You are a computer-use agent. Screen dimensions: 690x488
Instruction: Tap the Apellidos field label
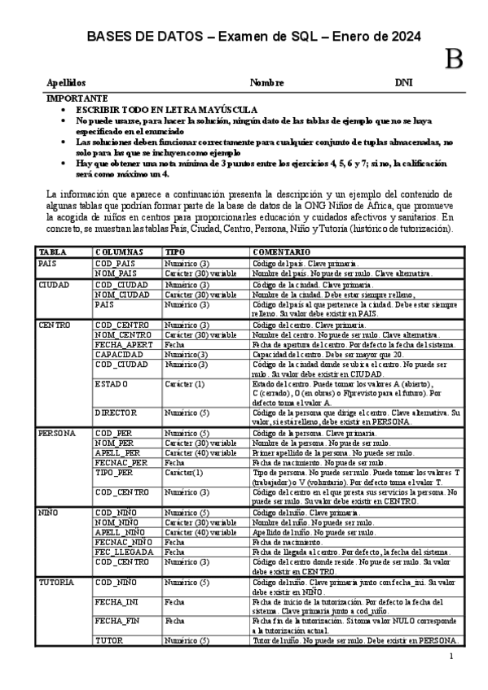point(66,83)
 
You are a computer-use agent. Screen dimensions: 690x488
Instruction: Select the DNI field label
point(404,83)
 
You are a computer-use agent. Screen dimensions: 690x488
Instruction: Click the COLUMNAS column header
point(119,252)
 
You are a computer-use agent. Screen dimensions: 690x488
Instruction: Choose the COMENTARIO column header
point(280,252)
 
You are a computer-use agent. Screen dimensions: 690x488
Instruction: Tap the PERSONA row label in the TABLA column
point(57,434)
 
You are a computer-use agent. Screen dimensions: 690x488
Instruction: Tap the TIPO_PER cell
point(114,472)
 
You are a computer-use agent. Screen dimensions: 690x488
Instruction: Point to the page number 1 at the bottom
point(450,656)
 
